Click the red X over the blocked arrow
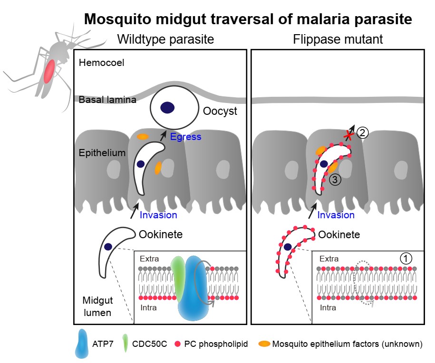[x=349, y=136]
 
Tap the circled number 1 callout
[x=405, y=258]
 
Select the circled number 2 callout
[x=362, y=133]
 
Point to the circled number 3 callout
[x=335, y=180]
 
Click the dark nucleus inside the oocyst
[x=167, y=108]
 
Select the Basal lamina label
[x=101, y=100]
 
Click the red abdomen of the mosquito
[x=49, y=72]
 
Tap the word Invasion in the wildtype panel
[x=158, y=215]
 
